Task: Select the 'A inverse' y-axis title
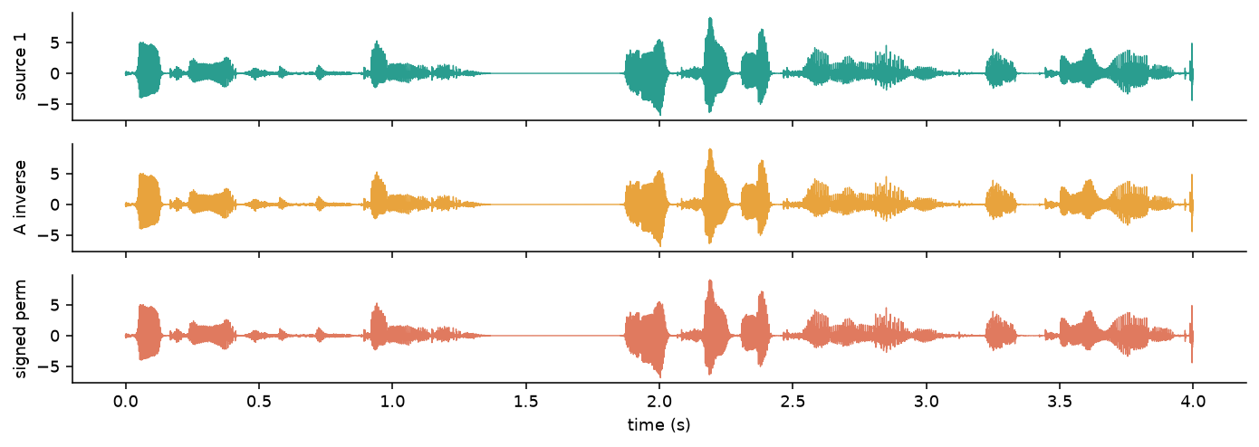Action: (x=20, y=197)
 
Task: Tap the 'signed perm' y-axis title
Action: (x=20, y=328)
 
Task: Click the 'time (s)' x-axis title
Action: (x=658, y=425)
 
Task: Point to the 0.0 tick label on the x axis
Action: (x=125, y=402)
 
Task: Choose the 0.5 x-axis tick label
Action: (x=258, y=402)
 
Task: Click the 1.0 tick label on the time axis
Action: (x=392, y=402)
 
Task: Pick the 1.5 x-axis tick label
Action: (x=525, y=402)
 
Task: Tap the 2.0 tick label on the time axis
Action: (x=659, y=402)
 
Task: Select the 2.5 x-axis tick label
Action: (x=793, y=402)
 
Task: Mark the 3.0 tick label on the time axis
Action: (x=927, y=402)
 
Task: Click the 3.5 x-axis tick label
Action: (x=1060, y=402)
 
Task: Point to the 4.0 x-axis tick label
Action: (x=1193, y=402)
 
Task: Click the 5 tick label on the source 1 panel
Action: (x=55, y=43)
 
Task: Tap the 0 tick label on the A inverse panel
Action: (x=55, y=205)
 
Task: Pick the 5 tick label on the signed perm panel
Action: (x=55, y=305)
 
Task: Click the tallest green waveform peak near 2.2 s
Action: (x=710, y=18)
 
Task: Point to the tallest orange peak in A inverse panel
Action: (x=710, y=150)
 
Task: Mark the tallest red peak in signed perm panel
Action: (x=710, y=281)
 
